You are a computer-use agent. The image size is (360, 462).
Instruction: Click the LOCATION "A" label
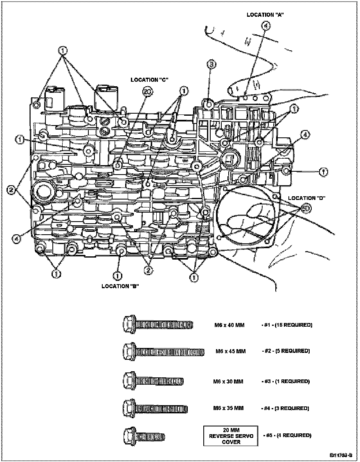pyautogui.click(x=265, y=15)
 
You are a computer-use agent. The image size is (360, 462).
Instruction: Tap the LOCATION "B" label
pyautogui.click(x=120, y=286)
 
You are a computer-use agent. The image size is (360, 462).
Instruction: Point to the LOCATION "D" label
pyautogui.click(x=306, y=198)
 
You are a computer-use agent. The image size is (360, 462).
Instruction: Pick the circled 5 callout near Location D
pyautogui.click(x=307, y=209)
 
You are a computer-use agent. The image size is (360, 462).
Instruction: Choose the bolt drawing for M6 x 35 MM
pyautogui.click(x=155, y=408)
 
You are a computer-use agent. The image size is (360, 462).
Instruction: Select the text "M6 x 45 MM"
pyautogui.click(x=231, y=351)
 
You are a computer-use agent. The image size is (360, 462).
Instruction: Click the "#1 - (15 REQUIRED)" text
pyautogui.click(x=287, y=325)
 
